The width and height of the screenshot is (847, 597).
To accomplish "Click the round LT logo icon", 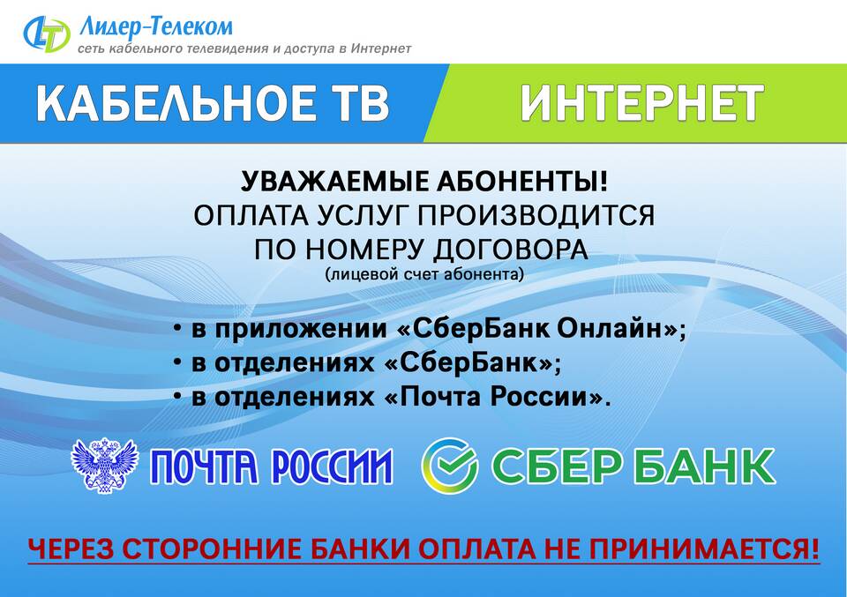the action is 47,34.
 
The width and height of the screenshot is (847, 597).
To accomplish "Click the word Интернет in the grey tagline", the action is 381,49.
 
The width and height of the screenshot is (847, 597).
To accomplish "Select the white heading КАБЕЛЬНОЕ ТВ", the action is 213,102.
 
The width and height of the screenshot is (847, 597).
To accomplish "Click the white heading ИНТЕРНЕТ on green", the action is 641,102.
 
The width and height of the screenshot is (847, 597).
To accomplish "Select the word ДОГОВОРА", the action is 511,250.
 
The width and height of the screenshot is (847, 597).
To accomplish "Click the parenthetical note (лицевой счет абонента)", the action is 424,275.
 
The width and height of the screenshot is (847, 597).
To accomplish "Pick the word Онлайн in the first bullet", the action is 617,329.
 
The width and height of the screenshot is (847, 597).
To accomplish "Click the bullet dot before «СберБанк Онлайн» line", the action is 177,328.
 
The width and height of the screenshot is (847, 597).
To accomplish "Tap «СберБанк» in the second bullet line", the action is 468,362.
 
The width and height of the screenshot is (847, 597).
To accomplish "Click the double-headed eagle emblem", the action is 104,466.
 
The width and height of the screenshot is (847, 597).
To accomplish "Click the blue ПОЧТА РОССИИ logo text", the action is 272,466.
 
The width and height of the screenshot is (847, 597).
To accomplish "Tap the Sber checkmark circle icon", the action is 449,466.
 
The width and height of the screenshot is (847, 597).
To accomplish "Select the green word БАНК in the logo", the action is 700,466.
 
